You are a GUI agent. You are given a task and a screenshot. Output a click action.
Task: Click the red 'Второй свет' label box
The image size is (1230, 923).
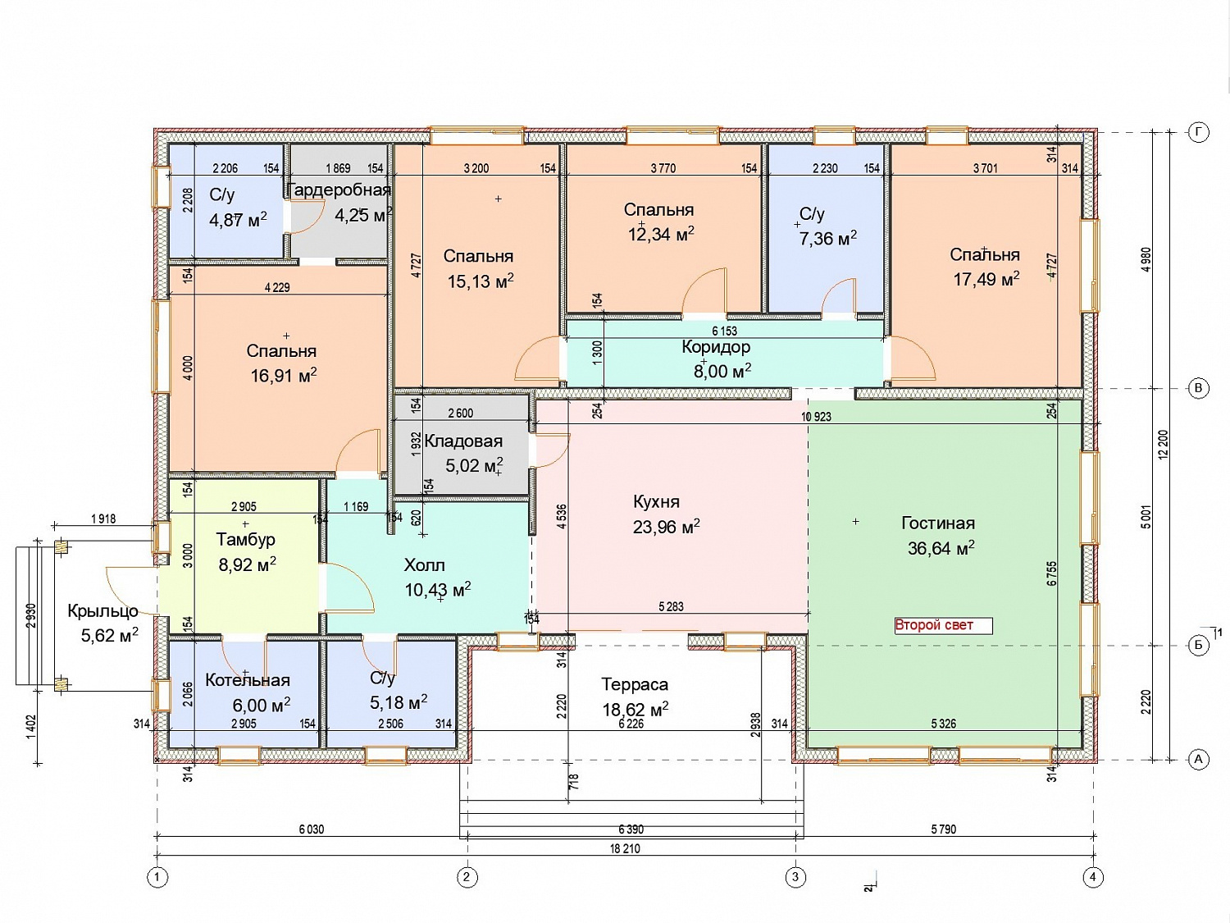(943, 625)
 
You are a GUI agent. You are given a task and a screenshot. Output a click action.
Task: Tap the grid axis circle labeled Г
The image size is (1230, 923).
(1198, 133)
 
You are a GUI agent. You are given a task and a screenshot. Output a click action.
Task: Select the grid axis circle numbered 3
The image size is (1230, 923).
(795, 876)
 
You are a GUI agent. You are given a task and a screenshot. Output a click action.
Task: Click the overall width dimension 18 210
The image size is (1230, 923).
(625, 848)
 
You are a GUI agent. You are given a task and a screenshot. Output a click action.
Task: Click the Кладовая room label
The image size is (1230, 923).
(463, 441)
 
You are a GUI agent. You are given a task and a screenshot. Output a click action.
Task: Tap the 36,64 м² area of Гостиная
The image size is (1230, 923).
(941, 547)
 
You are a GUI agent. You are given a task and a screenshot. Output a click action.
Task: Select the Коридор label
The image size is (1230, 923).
(716, 347)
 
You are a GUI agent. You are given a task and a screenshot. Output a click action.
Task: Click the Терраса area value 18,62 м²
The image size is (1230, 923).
(635, 710)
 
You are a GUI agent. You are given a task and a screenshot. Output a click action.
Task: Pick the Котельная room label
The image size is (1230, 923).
(247, 680)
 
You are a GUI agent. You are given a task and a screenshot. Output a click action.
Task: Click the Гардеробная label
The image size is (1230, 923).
(339, 190)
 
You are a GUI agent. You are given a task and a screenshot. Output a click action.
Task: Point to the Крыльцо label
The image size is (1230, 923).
(103, 611)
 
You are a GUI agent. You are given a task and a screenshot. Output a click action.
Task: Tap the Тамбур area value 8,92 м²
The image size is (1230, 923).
(247, 564)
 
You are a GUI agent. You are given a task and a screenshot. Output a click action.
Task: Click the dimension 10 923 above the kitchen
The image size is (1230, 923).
(817, 417)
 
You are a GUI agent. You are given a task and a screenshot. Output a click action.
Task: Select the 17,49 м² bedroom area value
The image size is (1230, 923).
(986, 278)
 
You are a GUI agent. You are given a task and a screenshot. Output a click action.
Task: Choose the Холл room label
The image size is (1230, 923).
(424, 565)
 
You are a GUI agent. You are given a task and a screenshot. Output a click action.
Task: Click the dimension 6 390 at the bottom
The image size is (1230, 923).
(631, 829)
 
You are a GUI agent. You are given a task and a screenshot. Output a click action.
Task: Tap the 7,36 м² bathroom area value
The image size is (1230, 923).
(827, 238)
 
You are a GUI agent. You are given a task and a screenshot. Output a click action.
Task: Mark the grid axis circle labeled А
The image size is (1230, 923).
(1198, 760)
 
